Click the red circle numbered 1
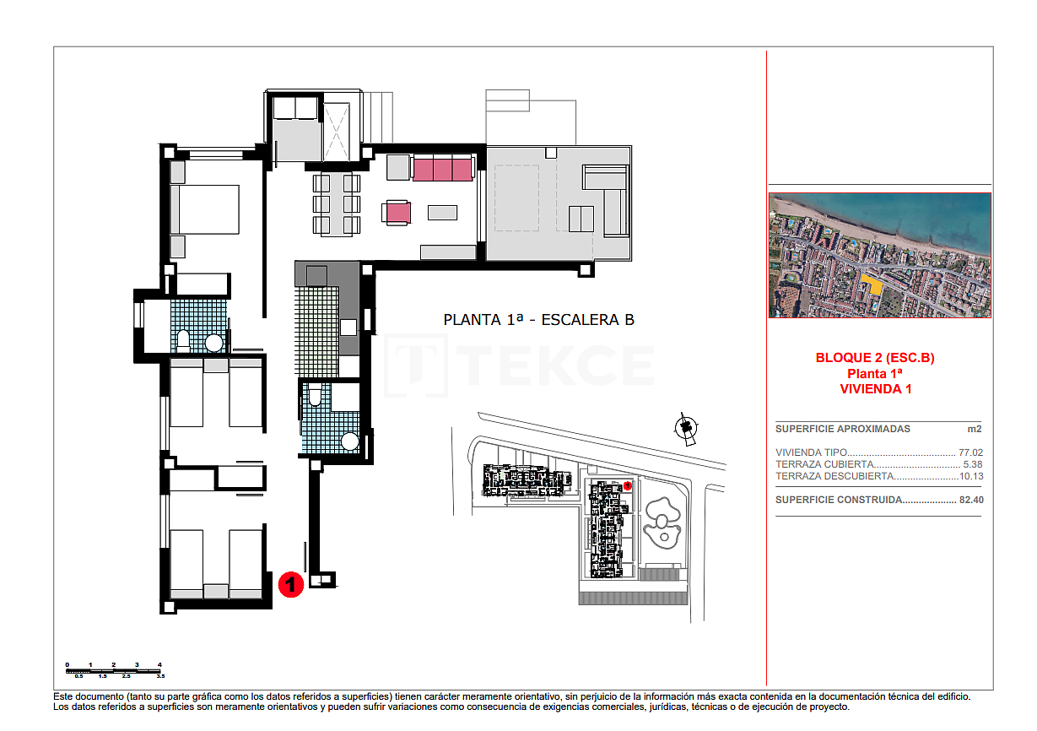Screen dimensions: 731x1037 [x=290, y=584]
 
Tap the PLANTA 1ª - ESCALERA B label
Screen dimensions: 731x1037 [x=538, y=320]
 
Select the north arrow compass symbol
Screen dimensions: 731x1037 [x=687, y=429]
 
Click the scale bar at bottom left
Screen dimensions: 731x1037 [x=114, y=670]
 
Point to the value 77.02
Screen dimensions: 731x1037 [x=970, y=452]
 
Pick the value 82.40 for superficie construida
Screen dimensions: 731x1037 [x=970, y=500]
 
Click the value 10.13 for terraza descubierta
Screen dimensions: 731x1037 [x=970, y=476]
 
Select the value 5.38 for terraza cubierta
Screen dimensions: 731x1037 [x=973, y=464]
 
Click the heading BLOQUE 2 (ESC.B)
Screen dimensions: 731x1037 [x=875, y=358]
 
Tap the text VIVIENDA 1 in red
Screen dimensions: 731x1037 [x=875, y=389]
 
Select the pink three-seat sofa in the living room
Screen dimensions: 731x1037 [x=441, y=168]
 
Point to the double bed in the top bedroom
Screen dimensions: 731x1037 [x=205, y=208]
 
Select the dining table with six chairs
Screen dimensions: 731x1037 [x=337, y=203]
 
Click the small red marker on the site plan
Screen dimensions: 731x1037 [x=628, y=485]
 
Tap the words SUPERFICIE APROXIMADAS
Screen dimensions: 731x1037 [x=831, y=429]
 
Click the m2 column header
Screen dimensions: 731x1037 [x=975, y=429]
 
